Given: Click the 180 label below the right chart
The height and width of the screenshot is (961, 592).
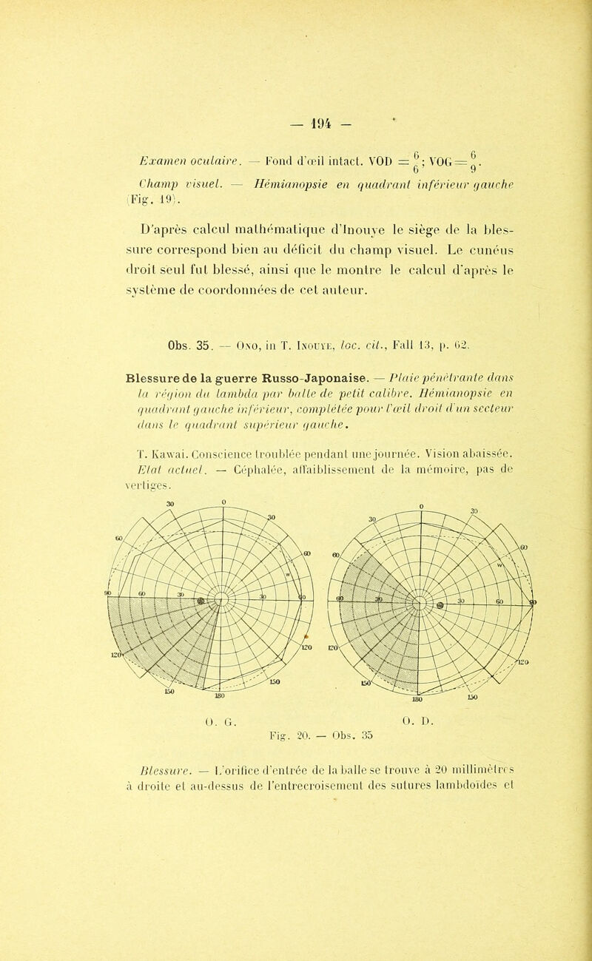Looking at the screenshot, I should (x=417, y=717).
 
